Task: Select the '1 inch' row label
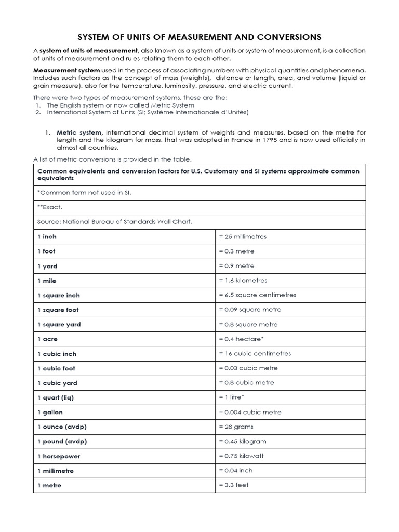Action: click(47, 236)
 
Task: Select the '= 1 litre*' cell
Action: click(232, 397)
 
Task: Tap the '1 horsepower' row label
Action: click(59, 456)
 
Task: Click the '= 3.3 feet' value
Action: click(234, 485)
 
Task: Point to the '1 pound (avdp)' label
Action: click(62, 441)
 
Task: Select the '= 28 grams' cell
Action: click(236, 427)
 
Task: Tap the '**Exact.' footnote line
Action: click(50, 207)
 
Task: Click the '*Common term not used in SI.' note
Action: click(84, 192)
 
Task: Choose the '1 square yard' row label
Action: click(59, 324)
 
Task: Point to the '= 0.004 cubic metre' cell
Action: click(250, 412)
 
